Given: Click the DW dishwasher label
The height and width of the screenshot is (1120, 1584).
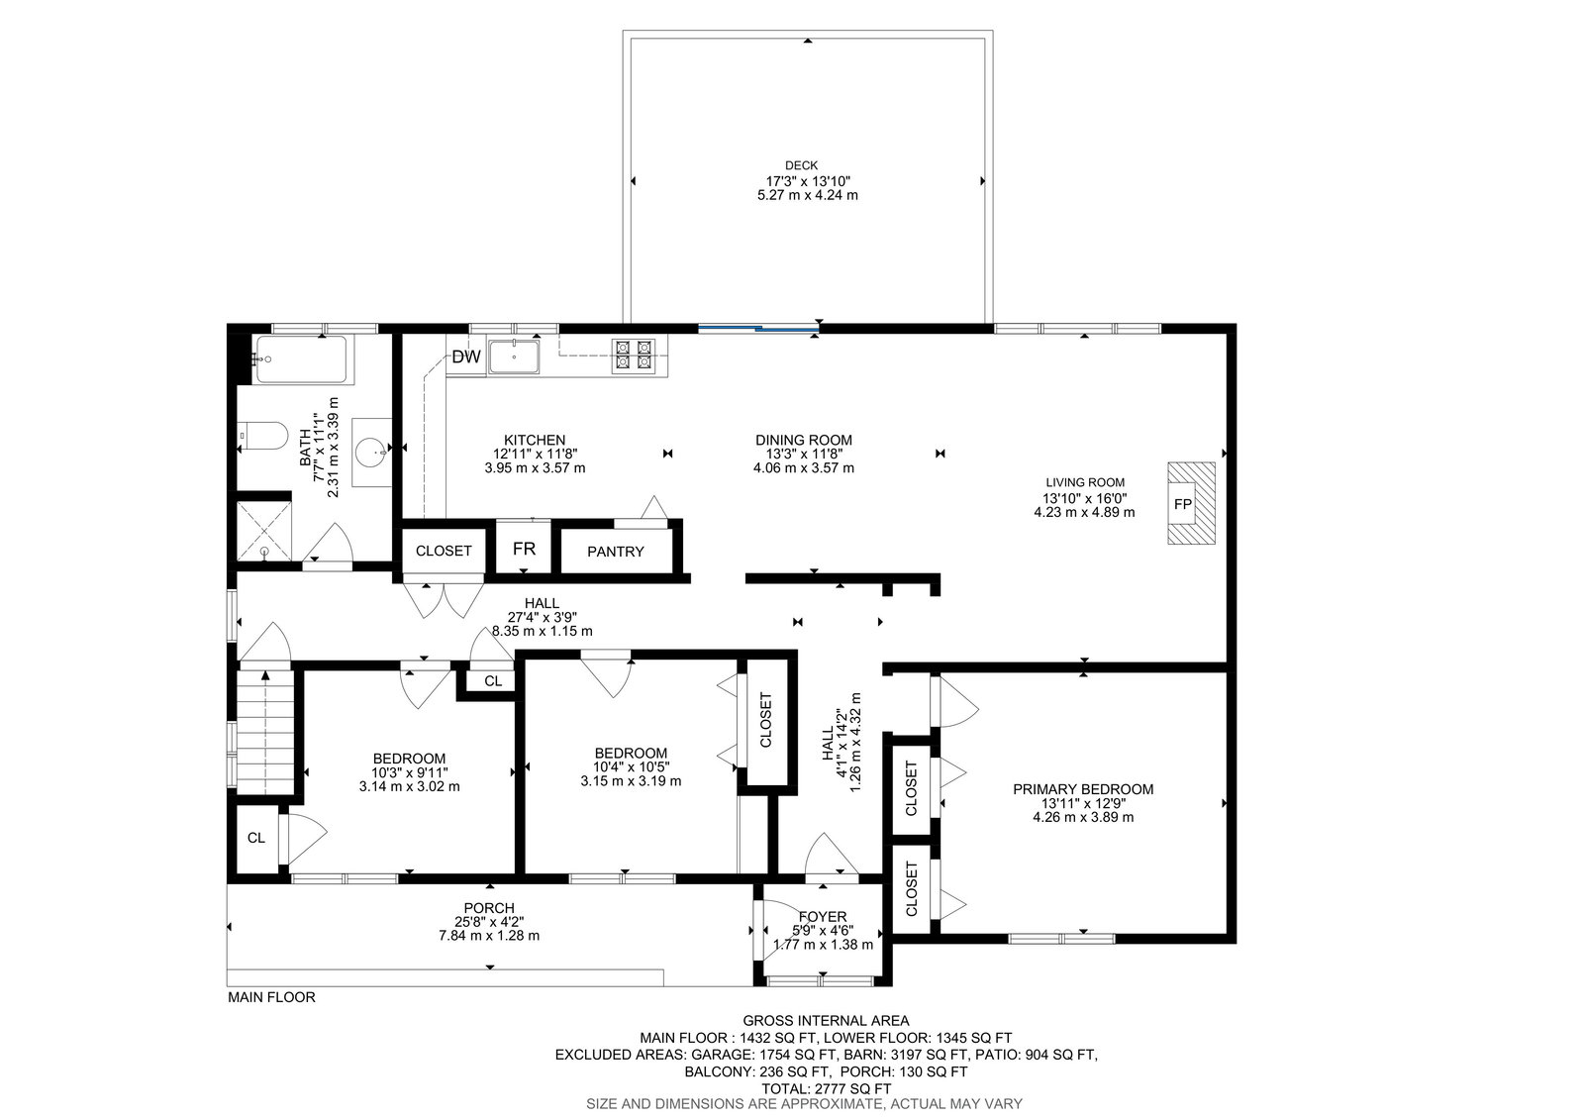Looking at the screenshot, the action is click(466, 357).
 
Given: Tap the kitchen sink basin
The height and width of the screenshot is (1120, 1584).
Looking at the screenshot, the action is click(514, 357).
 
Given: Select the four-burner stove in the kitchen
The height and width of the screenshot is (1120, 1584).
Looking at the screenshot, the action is click(633, 356).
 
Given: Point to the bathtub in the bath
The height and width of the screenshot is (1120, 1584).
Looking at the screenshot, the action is click(301, 359).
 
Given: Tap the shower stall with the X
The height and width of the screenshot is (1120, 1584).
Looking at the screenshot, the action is click(263, 531).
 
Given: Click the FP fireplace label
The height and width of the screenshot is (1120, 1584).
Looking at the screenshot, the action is click(1182, 504).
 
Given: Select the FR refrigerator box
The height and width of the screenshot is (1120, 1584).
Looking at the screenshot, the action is click(524, 548).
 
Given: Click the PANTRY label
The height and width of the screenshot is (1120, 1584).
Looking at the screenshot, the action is click(615, 552).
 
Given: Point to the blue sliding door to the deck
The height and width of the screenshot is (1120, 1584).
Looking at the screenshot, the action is click(758, 329).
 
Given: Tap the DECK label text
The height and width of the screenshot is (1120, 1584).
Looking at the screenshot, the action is click(801, 165).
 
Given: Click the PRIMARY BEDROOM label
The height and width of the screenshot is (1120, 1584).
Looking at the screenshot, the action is click(1083, 789).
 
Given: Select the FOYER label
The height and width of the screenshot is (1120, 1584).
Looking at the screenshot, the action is click(823, 917).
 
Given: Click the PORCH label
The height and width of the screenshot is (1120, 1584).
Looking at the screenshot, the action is click(489, 908).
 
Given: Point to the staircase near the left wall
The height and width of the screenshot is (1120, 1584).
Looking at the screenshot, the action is click(266, 732).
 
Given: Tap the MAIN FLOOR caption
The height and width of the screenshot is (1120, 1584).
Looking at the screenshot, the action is click(271, 997).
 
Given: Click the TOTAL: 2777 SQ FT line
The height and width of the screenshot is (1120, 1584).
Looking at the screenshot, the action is click(826, 1089).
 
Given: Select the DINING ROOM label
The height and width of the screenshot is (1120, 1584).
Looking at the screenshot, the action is click(803, 440).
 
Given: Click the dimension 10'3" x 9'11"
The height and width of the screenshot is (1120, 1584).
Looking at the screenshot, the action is click(410, 772).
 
